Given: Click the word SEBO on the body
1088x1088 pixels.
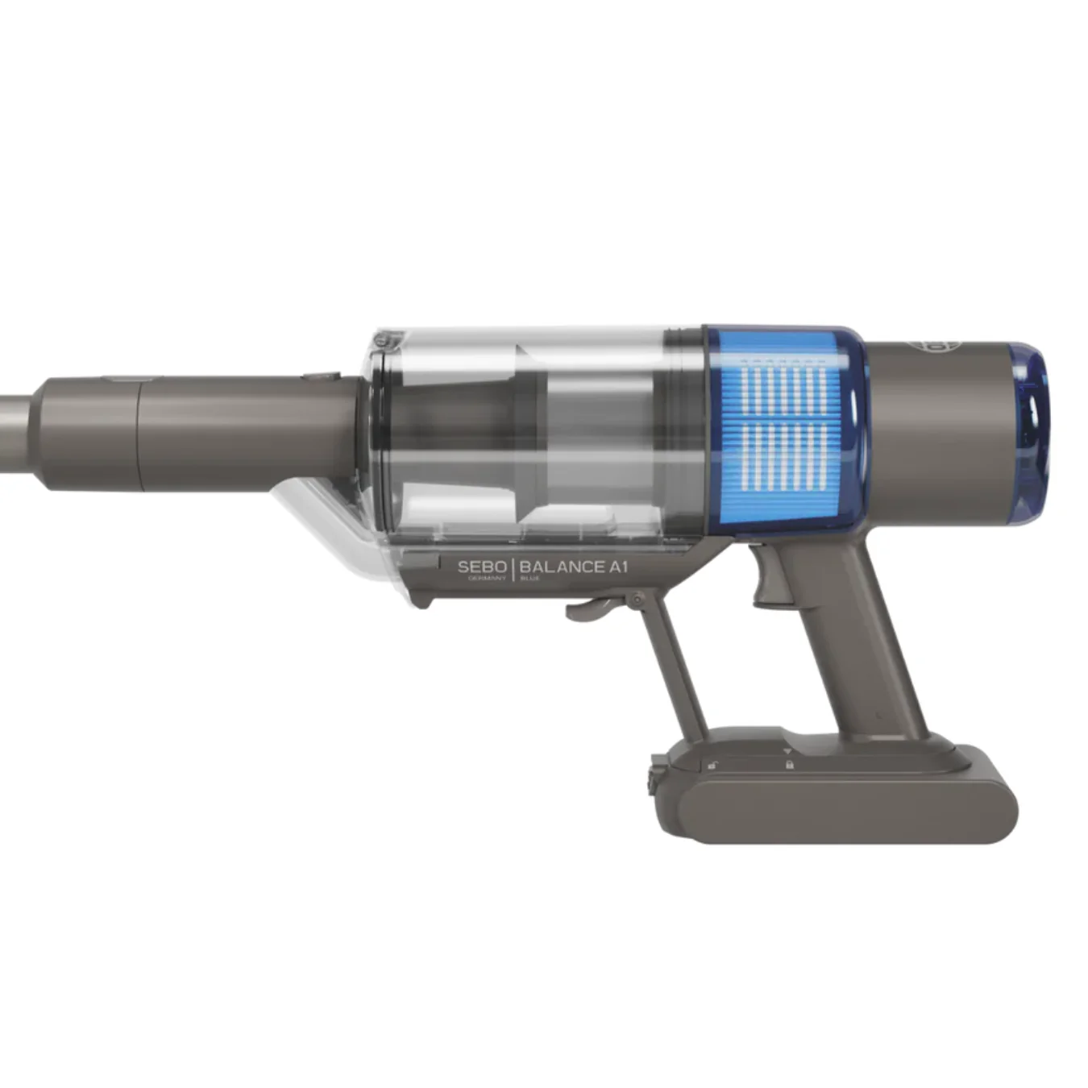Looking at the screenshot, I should click(x=482, y=567).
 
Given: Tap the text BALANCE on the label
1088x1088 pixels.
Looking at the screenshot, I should click(x=562, y=567).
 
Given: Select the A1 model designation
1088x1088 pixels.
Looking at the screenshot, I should click(x=617, y=567).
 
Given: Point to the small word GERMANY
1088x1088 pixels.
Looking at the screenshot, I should click(x=488, y=579).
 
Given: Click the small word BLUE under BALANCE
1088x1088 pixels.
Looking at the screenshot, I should click(x=530, y=579).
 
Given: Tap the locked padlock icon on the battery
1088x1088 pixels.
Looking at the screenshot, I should click(x=789, y=764).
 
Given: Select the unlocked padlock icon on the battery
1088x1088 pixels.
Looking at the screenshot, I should click(x=712, y=765).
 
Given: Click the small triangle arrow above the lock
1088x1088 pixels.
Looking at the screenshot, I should click(x=787, y=750).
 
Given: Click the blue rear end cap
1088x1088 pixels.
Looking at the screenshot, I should click(x=1032, y=431).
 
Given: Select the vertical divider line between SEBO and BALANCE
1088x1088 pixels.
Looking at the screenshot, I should click(x=513, y=569).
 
